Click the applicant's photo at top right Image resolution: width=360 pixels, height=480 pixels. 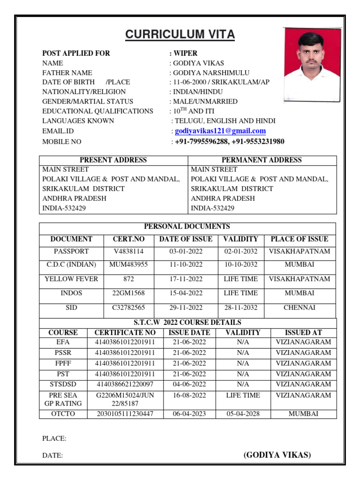[311, 64]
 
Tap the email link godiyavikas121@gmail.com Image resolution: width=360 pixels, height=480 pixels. [220, 131]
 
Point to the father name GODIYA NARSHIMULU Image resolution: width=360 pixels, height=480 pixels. [211, 73]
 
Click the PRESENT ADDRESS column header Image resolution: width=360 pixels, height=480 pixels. [113, 160]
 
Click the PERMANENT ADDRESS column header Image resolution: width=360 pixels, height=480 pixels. [262, 160]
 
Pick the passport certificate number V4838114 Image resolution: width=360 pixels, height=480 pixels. [128, 251]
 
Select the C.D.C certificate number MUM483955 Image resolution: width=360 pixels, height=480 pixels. [128, 264]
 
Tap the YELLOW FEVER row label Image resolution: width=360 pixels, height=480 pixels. [71, 279]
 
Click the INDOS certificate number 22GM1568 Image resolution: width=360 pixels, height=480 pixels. [128, 293]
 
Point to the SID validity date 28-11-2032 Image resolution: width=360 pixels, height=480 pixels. [241, 307]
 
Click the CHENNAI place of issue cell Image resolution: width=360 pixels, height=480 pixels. [300, 307]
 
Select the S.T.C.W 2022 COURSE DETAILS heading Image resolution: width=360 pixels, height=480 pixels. [187, 322]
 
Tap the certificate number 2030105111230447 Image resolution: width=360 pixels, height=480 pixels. [125, 414]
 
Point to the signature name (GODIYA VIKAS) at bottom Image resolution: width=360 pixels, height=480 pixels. [277, 455]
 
